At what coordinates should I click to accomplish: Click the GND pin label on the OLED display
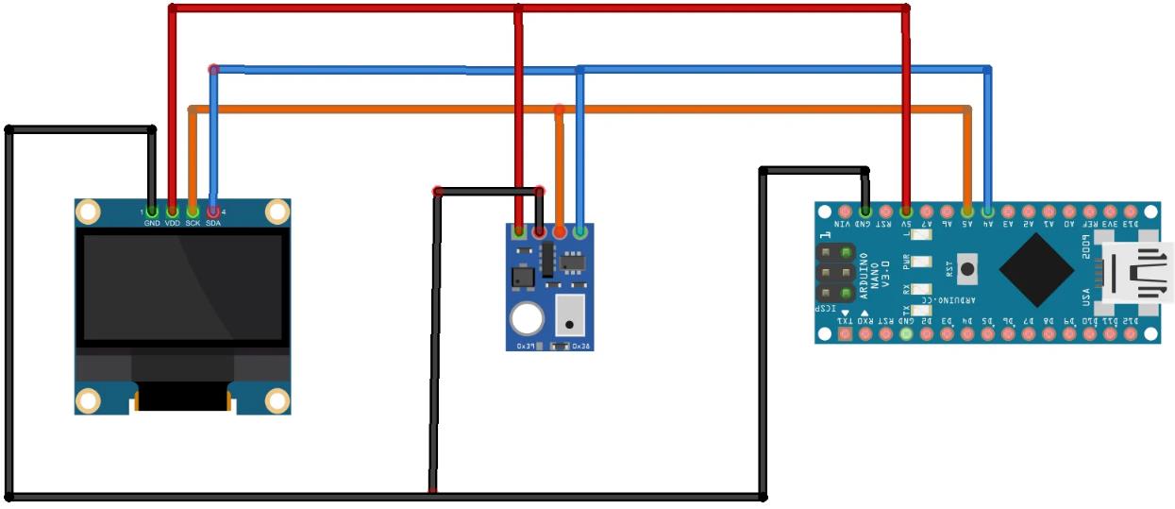click(x=152, y=223)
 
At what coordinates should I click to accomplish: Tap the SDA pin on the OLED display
click(x=213, y=212)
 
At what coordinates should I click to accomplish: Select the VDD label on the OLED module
click(x=172, y=223)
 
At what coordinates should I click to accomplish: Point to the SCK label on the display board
click(x=193, y=223)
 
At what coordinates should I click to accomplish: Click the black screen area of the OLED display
click(x=183, y=286)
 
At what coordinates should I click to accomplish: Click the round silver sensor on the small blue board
click(x=527, y=320)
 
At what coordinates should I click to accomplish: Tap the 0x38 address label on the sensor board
click(x=580, y=347)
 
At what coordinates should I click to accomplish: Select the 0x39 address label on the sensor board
click(x=525, y=347)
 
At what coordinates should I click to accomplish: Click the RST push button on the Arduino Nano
click(x=967, y=269)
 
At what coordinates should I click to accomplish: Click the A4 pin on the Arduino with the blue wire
click(x=987, y=212)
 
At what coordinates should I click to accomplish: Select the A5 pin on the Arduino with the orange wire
click(x=967, y=212)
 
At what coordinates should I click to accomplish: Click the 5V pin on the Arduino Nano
click(x=906, y=212)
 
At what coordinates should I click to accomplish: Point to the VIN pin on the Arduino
click(x=845, y=212)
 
